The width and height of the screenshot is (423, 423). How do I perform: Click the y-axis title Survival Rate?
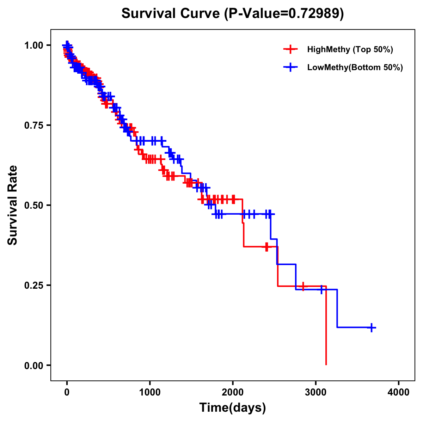click(13, 205)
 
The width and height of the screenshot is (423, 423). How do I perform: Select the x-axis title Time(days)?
click(233, 408)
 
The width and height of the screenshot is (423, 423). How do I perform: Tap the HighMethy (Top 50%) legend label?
click(350, 49)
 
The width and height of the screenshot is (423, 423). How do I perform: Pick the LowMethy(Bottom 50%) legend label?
click(355, 67)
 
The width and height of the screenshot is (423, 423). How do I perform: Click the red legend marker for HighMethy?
click(290, 49)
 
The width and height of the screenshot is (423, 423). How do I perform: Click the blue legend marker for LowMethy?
click(290, 67)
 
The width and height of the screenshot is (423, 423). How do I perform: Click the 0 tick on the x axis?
click(67, 392)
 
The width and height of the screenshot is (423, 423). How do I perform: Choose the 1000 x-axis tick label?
click(150, 392)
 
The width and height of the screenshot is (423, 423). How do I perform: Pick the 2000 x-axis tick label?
click(233, 392)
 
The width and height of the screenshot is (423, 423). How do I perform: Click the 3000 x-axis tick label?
click(316, 392)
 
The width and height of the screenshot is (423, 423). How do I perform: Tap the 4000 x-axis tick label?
click(399, 392)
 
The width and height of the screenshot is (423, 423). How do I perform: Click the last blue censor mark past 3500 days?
click(371, 327)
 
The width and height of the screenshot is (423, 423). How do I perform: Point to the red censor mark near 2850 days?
click(302, 286)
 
